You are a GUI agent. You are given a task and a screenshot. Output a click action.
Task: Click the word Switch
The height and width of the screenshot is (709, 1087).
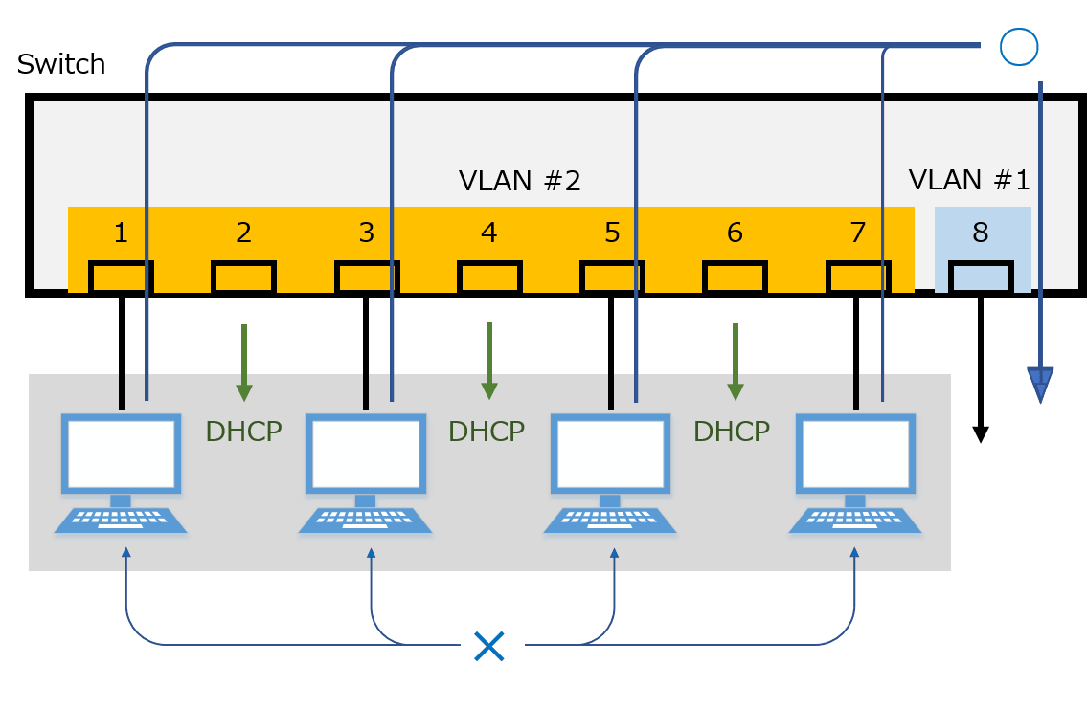(61, 65)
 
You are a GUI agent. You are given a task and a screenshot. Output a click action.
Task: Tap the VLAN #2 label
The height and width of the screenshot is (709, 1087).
(520, 181)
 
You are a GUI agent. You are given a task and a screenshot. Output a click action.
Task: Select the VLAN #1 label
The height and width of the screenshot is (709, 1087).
(969, 181)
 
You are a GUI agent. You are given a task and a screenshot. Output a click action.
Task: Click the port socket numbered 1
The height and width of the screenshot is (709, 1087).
(121, 277)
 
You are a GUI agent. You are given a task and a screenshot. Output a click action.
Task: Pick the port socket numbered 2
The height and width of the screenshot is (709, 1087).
(243, 277)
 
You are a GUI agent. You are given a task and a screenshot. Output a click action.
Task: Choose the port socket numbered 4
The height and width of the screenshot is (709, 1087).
(488, 277)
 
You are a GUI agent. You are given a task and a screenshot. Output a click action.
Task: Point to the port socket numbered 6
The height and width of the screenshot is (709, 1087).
(735, 277)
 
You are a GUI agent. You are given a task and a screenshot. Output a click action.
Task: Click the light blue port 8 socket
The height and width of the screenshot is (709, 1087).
(980, 277)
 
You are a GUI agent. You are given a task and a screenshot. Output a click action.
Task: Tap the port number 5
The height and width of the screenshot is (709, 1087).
(612, 233)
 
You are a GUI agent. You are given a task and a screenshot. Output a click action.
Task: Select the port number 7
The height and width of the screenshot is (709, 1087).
(857, 233)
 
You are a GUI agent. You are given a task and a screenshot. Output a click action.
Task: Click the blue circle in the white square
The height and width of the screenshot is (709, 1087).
(1017, 46)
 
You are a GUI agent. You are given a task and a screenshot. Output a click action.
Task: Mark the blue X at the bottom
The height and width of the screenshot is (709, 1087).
(488, 647)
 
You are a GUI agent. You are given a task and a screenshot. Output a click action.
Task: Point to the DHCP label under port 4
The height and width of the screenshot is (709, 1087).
(487, 432)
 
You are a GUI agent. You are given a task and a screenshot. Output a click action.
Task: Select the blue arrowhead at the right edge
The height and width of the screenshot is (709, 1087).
(1040, 385)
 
